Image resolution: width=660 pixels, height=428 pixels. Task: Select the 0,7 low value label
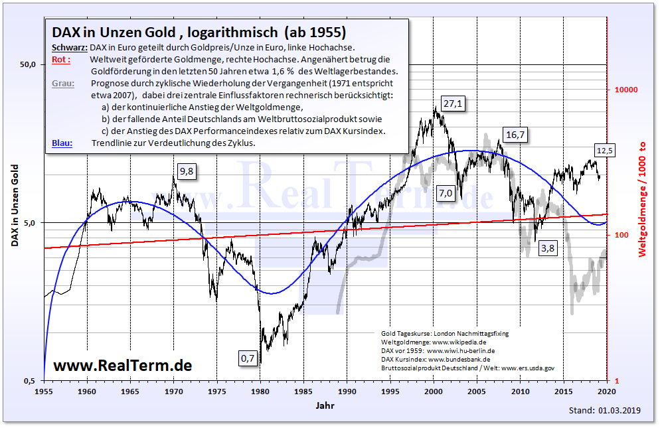point(247,358)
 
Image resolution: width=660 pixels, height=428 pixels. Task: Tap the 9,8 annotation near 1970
point(187,171)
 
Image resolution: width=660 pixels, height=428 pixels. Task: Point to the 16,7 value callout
point(515,135)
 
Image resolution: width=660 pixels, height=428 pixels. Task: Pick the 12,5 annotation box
point(604,151)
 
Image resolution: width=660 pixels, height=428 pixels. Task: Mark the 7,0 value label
point(445,193)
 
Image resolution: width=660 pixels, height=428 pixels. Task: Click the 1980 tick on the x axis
point(260,392)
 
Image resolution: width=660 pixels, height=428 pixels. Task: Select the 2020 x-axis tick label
point(607,392)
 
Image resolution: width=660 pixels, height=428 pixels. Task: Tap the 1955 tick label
point(44,392)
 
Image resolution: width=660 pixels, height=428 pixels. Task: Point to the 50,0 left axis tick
point(27,64)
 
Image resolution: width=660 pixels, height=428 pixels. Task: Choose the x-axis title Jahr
point(325,404)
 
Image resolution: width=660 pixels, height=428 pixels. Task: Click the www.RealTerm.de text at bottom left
point(122,365)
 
